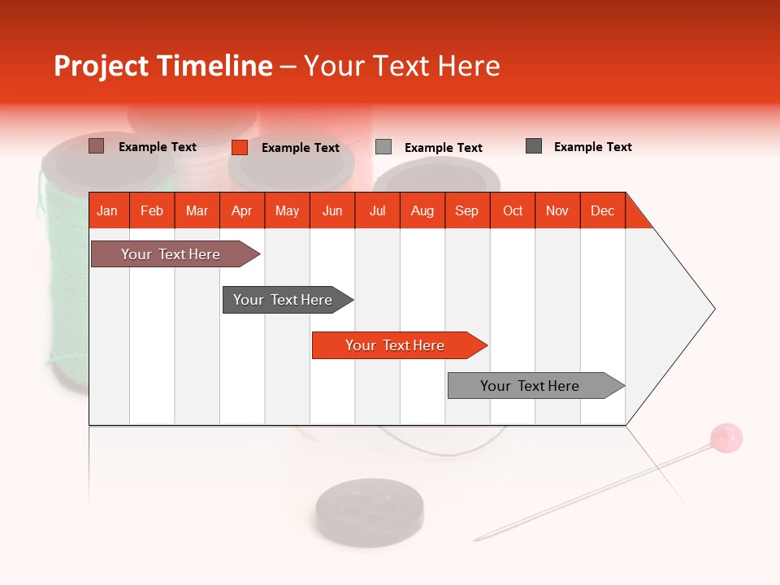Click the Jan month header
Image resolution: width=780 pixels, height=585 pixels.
pos(108,210)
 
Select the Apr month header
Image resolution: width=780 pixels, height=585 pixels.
pos(242,210)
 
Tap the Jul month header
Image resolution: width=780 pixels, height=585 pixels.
pos(378,210)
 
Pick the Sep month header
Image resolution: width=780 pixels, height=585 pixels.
pos(467,210)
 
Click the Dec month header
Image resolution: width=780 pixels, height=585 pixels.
pos(603,210)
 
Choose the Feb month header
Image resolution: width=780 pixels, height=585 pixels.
pos(152,210)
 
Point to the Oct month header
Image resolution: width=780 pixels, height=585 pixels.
pos(513,210)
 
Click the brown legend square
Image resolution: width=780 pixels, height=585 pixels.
pos(97,146)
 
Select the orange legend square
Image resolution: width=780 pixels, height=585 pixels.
pos(240,147)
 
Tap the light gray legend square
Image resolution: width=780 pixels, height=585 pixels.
pos(383,147)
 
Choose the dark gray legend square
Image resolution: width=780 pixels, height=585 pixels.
pos(534,146)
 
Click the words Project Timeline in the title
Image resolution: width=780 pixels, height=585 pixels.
pos(163,66)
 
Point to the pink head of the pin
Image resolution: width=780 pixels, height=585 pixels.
pos(726,438)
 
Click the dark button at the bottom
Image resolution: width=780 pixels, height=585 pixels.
pos(358,511)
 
